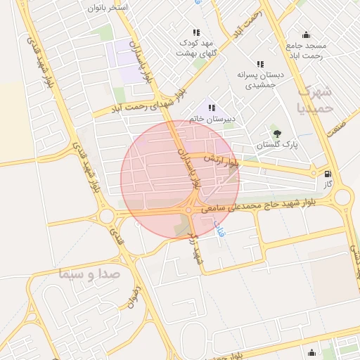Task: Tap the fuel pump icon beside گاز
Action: [327, 174]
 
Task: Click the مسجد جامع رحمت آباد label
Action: [306, 51]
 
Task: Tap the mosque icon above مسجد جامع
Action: [306, 34]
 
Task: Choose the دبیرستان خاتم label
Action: [212, 119]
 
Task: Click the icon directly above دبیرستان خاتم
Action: [212, 108]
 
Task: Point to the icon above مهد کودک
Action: [195, 32]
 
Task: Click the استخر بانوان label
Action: [108, 7]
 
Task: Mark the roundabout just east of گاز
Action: [342, 196]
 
